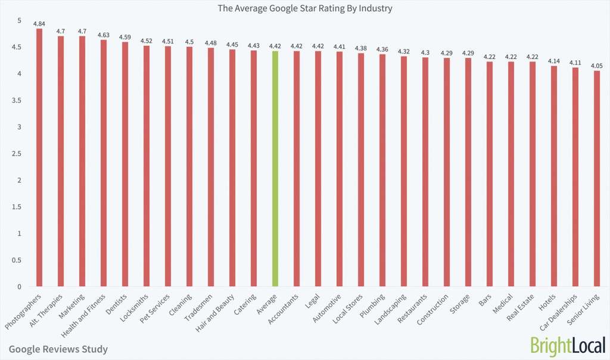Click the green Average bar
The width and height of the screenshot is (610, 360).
click(275, 169)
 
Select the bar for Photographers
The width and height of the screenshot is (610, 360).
click(39, 158)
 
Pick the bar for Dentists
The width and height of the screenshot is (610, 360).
click(125, 165)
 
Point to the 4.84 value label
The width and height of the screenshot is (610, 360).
click(39, 23)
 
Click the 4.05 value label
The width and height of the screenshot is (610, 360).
click(596, 66)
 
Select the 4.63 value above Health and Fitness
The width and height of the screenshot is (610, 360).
click(103, 35)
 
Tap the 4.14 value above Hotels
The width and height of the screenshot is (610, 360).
click(553, 61)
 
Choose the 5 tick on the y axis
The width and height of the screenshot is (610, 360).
click(18, 21)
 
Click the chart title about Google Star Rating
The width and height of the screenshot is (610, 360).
click(305, 8)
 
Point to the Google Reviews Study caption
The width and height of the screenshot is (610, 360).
click(58, 349)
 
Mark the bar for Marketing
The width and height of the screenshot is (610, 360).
click(82, 161)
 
